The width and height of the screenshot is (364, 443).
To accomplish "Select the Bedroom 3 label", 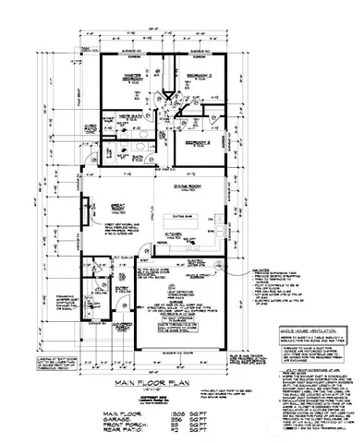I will tap(197, 144).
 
